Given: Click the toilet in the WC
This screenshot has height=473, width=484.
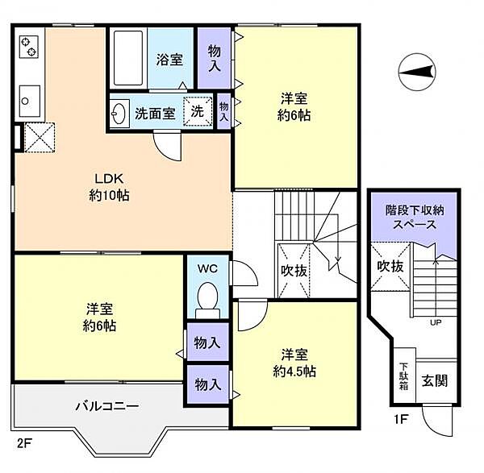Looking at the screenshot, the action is coord(208,301).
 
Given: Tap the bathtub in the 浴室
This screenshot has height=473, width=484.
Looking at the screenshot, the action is coord(128,58).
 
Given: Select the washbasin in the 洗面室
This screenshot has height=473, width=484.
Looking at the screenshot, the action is coord(119,113).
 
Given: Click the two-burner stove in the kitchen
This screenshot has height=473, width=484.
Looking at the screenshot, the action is coord(29,47).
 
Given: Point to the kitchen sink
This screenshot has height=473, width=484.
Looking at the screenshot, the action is coord(29,102).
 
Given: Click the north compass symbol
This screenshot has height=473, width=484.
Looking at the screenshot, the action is coord(417,72).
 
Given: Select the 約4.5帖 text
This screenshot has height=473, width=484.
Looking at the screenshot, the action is coord(294,371).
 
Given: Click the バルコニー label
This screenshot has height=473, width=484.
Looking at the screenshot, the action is coord(107,406).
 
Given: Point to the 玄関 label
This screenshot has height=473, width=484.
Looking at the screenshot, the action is coord(435,381).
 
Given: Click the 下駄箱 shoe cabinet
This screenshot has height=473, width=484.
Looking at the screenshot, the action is coord(404,375).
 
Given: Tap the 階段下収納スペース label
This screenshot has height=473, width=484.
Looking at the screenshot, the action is coord(415,218).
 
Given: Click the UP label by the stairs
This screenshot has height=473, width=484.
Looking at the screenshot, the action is coord(436,323).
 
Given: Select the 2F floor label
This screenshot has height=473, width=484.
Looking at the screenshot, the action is coord(24,444).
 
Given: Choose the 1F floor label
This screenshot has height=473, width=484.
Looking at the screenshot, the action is coord(401,419).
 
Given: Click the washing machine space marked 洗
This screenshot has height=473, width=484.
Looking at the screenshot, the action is coord(198,111).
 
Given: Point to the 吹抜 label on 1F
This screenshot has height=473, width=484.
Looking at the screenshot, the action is coord(390,267).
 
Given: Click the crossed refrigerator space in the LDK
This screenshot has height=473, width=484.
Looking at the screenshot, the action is coord(40,138).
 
